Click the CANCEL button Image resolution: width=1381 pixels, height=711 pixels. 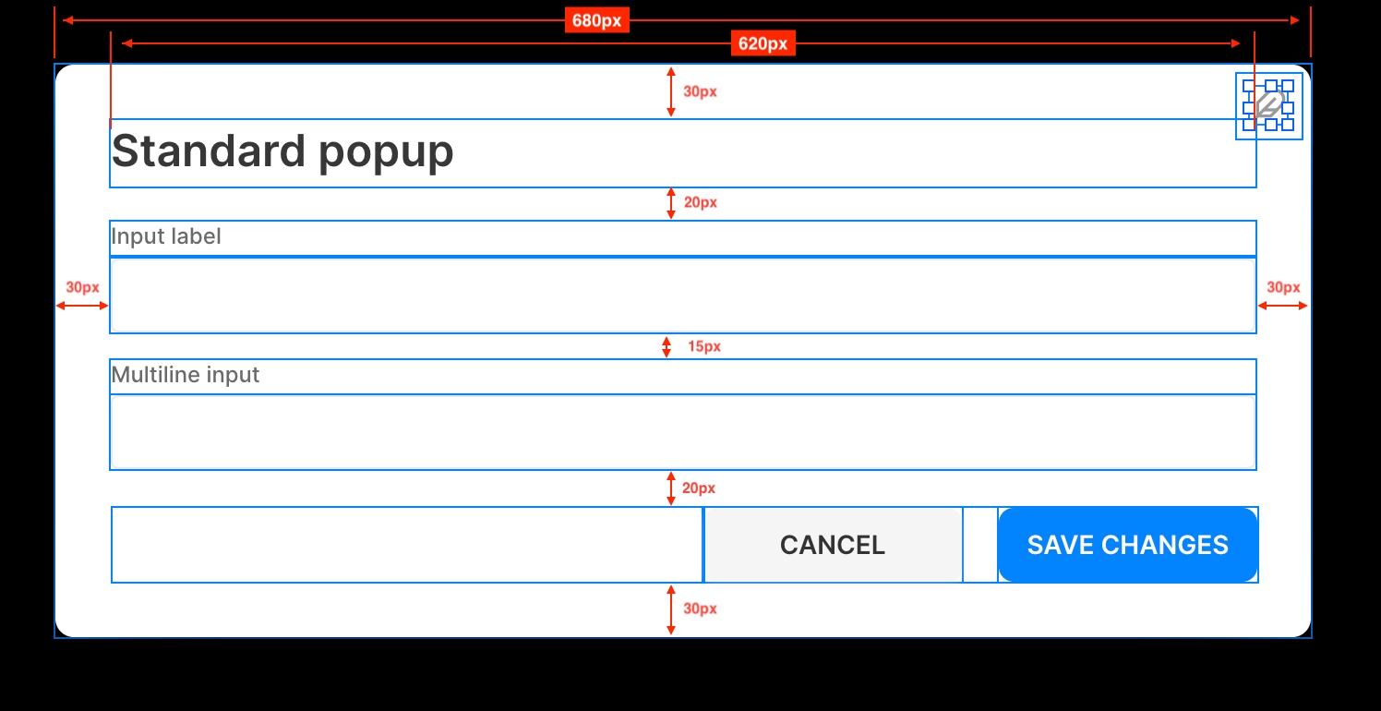pos(833,545)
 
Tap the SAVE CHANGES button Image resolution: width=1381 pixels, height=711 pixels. pos(1127,545)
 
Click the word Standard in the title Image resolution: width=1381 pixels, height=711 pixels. pos(208,151)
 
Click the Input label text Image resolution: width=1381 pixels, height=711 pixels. pos(166,237)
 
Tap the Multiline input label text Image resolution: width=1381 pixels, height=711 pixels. pos(186,375)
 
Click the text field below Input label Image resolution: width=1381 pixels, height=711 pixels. pos(682,295)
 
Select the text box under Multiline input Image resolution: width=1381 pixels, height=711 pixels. pos(682,432)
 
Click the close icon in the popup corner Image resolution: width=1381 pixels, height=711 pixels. pos(1269,105)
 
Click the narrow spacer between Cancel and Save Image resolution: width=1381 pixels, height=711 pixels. pos(980,545)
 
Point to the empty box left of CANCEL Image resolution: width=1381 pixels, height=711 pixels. pos(407,545)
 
